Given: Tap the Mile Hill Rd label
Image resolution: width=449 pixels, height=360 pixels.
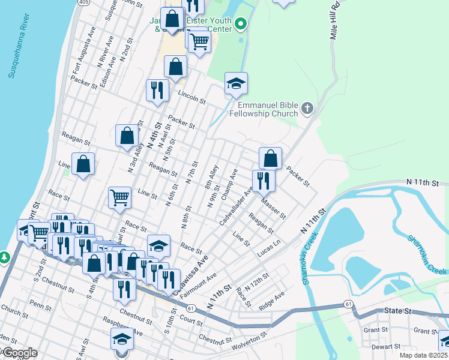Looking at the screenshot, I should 335,22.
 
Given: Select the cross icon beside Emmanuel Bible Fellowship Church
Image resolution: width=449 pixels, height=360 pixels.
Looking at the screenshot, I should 307,109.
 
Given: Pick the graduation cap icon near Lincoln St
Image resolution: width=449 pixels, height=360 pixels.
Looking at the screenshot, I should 236,83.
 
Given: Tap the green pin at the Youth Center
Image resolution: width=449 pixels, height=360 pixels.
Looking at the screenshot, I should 241,25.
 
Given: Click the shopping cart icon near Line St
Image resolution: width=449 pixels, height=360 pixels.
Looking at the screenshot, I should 120,197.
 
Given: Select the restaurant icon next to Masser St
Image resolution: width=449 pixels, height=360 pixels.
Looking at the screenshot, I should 263,179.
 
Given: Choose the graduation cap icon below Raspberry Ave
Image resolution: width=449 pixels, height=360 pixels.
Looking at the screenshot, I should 122,339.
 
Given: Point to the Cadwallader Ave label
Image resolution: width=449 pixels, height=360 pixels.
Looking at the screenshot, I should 237,208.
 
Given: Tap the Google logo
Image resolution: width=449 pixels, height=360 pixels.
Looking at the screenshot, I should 20,353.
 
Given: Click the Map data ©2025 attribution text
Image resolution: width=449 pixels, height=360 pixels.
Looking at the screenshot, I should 423,355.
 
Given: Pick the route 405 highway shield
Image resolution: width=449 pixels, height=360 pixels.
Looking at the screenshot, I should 83,2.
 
